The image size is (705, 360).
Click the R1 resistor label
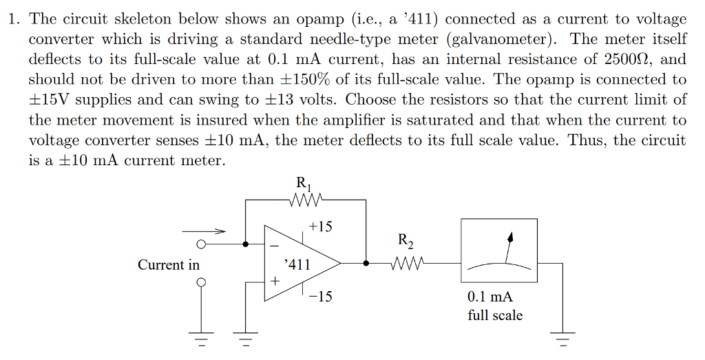(302, 184)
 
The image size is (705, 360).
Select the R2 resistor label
(406, 241)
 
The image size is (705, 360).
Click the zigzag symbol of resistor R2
(406, 262)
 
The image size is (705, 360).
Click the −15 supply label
(320, 297)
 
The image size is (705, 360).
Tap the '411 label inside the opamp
(297, 264)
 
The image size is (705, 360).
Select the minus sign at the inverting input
(273, 246)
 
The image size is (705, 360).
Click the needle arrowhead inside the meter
(510, 237)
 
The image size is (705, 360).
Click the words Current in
(169, 265)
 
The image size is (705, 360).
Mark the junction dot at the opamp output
(366, 262)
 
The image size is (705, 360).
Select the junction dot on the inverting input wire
(246, 244)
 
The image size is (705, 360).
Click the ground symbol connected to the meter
(564, 339)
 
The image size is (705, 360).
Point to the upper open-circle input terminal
(201, 244)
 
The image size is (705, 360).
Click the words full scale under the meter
(495, 315)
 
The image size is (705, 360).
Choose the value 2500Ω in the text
(622, 59)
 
